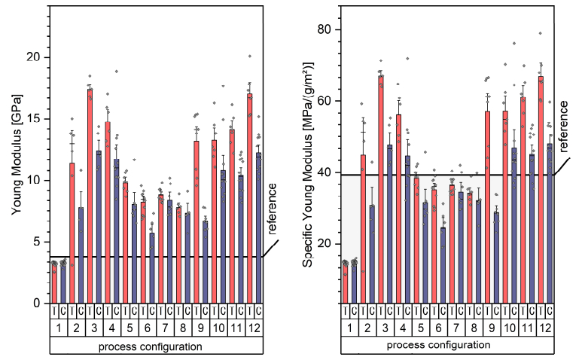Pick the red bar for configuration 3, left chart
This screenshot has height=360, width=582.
pyautogui.click(x=90, y=196)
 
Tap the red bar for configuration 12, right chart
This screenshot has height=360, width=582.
pyautogui.click(x=540, y=188)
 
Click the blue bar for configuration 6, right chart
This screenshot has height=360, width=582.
pyautogui.click(x=443, y=264)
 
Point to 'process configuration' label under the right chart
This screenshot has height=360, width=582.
pyautogui.click(x=447, y=344)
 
